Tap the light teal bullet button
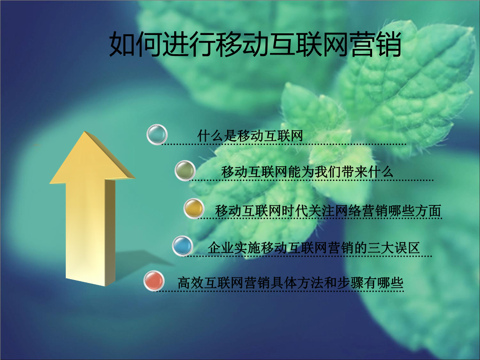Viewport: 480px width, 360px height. point(157,134)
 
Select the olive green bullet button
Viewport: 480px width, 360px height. point(185,170)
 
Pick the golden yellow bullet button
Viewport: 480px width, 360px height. point(194,209)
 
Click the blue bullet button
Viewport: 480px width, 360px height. point(182,245)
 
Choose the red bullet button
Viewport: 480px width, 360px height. point(154,281)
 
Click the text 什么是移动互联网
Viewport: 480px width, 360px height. point(250,136)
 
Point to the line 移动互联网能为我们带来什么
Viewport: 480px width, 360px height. point(307,172)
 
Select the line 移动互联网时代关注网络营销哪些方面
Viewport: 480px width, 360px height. point(328,211)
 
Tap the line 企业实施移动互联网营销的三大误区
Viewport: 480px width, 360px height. point(313,248)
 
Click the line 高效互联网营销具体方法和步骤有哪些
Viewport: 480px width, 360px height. point(290,283)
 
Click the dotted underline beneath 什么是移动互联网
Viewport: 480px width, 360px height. point(283,144)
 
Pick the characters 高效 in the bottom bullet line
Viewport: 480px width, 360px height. point(190,283)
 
